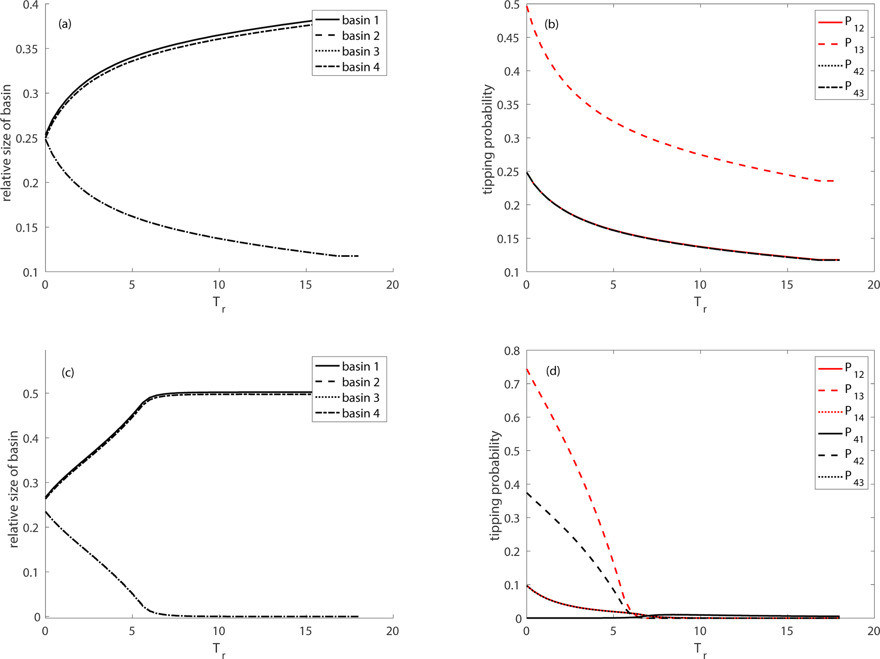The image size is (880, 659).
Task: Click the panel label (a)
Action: click(x=65, y=24)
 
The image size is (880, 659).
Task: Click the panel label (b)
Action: click(x=551, y=24)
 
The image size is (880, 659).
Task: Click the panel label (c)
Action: click(x=68, y=373)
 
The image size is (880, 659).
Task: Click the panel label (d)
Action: click(x=553, y=371)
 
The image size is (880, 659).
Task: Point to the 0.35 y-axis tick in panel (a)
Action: click(x=27, y=49)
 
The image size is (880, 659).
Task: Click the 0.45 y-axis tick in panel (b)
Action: click(x=508, y=38)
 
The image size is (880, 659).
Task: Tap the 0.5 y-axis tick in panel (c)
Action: click(x=31, y=394)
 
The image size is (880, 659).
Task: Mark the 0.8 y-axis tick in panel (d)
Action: click(x=512, y=351)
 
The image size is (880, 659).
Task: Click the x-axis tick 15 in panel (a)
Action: click(x=306, y=285)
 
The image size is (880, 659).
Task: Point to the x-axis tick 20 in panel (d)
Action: click(x=873, y=631)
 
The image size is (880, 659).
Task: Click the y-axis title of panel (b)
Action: click(x=488, y=140)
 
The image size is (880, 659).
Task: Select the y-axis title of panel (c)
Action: click(x=13, y=489)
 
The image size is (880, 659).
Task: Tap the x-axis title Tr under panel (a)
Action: click(x=218, y=304)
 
